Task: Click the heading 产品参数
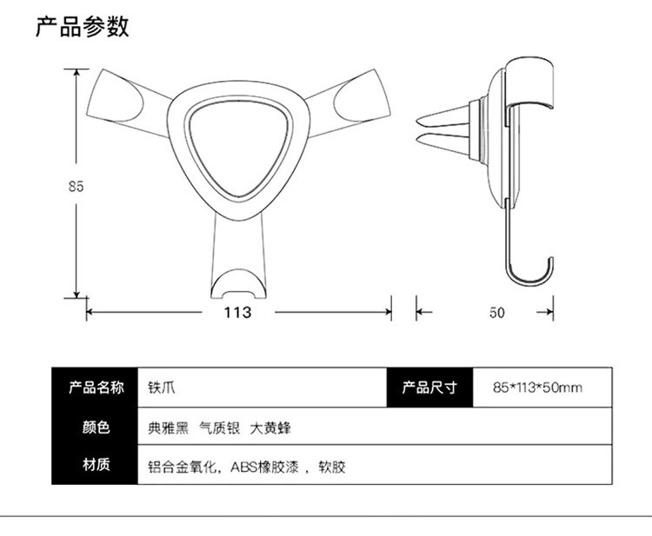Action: click(83, 27)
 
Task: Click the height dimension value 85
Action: click(75, 185)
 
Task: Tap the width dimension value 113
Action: click(237, 313)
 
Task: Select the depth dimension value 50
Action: click(496, 313)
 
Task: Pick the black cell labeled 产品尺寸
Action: click(429, 387)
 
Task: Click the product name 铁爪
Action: click(163, 387)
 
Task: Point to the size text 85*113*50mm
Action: click(536, 387)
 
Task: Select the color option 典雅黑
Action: click(168, 427)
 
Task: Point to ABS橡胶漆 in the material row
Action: click(265, 467)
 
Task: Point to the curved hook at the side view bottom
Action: click(531, 275)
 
